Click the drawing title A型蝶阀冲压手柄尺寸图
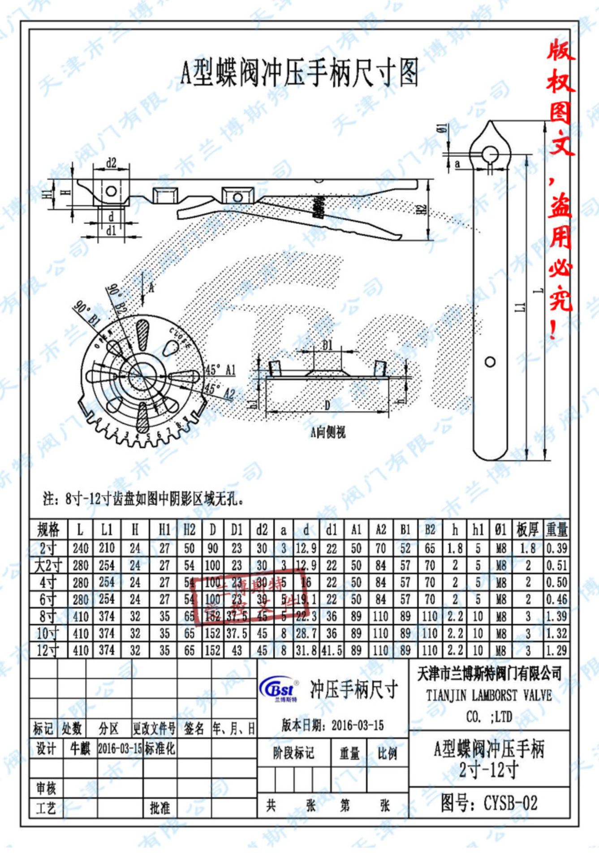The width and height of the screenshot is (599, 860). tap(299, 73)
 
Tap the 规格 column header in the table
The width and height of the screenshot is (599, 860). tap(48, 529)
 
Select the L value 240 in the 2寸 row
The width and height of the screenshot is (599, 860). tap(81, 548)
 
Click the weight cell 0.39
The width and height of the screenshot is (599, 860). tap(557, 548)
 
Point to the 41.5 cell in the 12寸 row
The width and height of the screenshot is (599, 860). tap(332, 650)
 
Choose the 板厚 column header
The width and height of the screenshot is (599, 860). tap(528, 529)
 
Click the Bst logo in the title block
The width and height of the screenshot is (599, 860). tap(278, 689)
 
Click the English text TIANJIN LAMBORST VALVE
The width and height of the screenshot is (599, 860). tap(489, 696)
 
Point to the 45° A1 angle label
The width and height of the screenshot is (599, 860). tap(220, 370)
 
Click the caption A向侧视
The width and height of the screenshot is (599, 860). tap(328, 432)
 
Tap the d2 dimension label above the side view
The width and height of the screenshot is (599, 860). tap(111, 163)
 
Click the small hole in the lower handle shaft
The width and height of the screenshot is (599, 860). tap(490, 362)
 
